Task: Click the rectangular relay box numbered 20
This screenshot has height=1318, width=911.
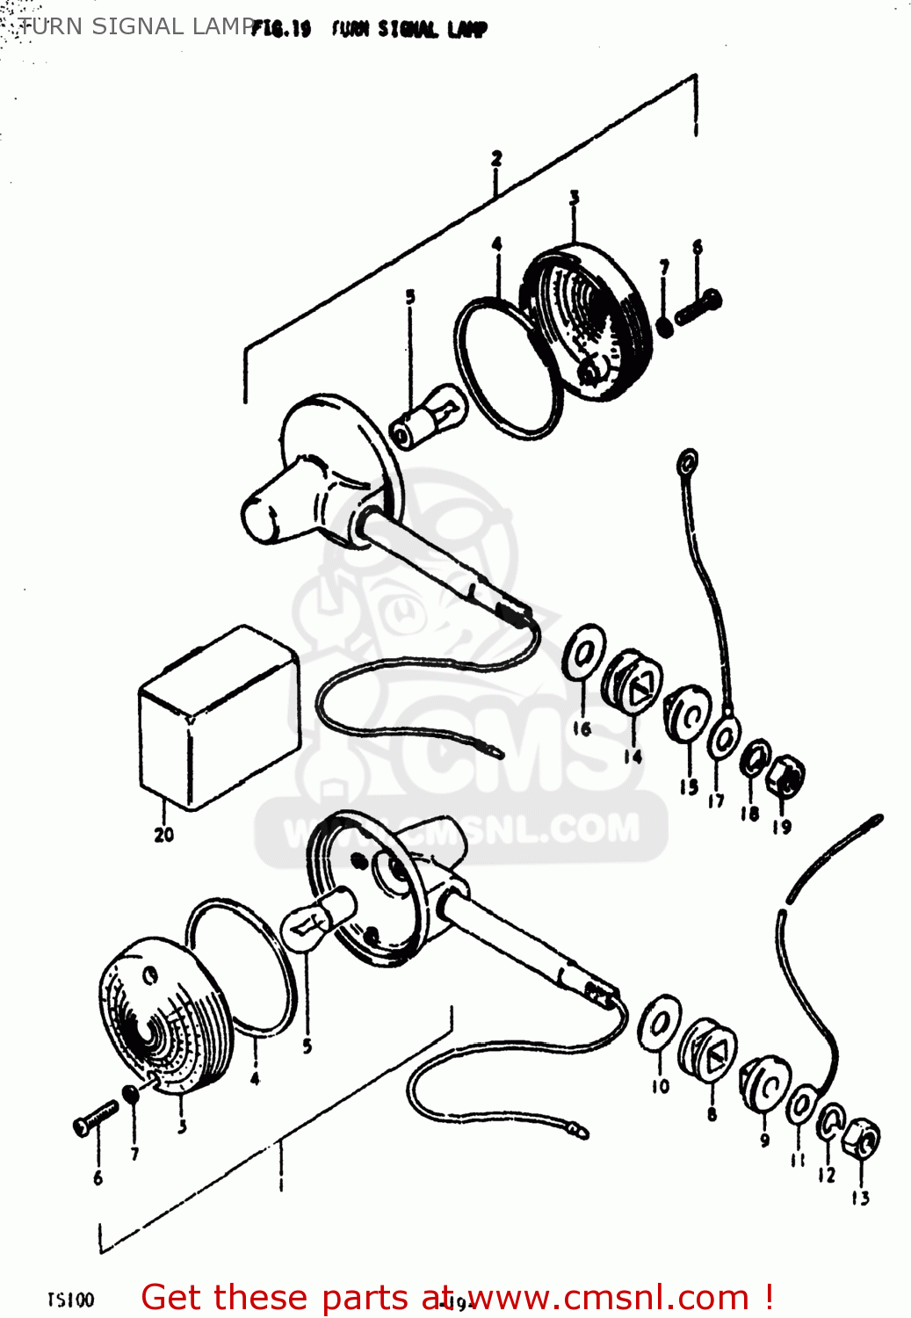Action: (218, 716)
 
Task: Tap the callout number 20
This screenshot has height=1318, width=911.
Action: (163, 835)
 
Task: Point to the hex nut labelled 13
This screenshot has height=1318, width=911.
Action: (862, 1140)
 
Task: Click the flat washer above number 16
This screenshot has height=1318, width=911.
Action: (584, 652)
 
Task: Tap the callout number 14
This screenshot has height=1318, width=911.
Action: (633, 756)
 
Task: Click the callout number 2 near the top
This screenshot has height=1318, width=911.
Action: (496, 158)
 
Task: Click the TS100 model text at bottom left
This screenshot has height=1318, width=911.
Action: (70, 1300)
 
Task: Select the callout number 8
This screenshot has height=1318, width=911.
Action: (712, 1114)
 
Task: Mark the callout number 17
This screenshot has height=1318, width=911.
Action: (717, 800)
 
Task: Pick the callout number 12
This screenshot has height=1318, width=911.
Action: (827, 1175)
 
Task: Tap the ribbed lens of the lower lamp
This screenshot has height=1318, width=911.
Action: (163, 1019)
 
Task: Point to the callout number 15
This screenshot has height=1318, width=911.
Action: (689, 786)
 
